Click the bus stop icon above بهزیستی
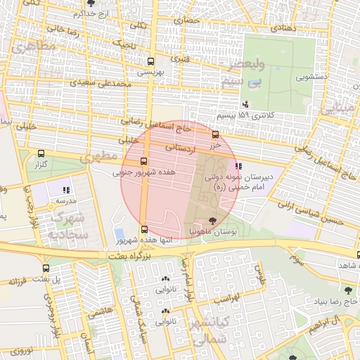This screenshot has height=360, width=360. click(x=150, y=61)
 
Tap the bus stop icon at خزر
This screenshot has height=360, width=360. click(x=215, y=135)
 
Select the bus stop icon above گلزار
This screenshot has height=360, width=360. click(x=41, y=154)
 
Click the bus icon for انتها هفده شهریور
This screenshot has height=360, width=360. click(x=144, y=229)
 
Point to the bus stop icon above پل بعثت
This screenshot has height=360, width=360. click(x=46, y=268)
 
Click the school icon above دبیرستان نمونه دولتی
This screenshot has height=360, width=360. click(x=239, y=167)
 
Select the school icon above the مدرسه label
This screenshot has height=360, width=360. click(x=66, y=190)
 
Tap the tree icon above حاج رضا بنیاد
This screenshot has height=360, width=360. click(x=347, y=290)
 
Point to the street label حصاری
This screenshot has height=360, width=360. click(x=188, y=20)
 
